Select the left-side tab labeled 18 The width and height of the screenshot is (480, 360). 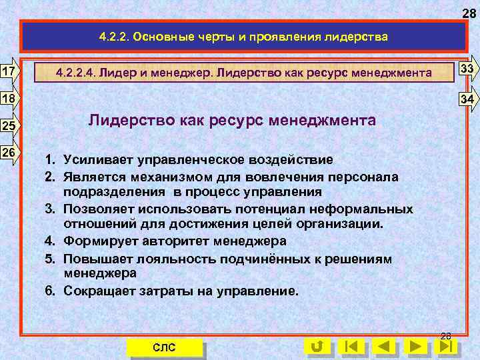(x=9, y=99)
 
